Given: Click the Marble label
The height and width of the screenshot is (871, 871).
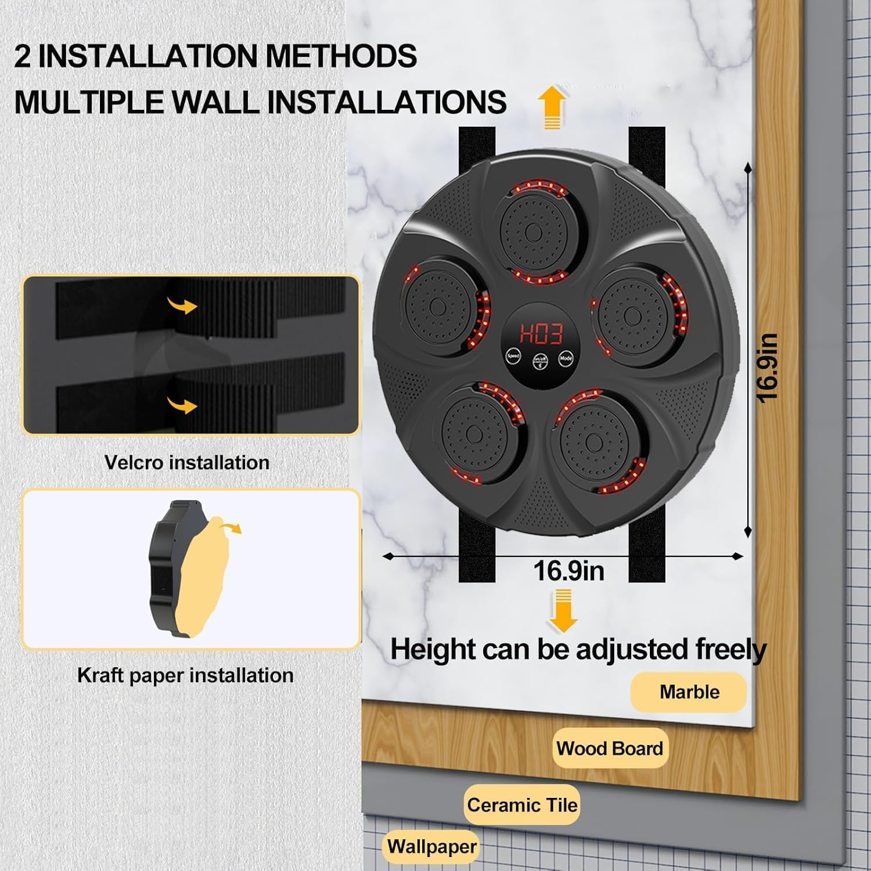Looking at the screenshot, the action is click(689, 692).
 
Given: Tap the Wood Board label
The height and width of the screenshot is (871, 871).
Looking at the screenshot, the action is click(610, 748).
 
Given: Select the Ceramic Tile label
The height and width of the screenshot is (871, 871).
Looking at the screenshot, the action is click(522, 805).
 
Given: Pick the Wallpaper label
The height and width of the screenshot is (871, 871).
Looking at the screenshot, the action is click(432, 847).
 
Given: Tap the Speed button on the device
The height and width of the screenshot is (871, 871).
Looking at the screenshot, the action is click(513, 356).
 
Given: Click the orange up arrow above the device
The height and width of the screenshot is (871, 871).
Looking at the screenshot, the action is click(551, 107).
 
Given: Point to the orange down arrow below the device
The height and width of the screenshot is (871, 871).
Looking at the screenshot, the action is click(562, 610).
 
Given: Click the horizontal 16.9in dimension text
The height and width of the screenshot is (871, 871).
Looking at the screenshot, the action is click(568, 571).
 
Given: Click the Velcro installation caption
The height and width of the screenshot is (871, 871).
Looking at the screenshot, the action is click(187, 463).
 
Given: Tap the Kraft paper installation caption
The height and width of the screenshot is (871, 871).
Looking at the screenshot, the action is click(185, 675).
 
